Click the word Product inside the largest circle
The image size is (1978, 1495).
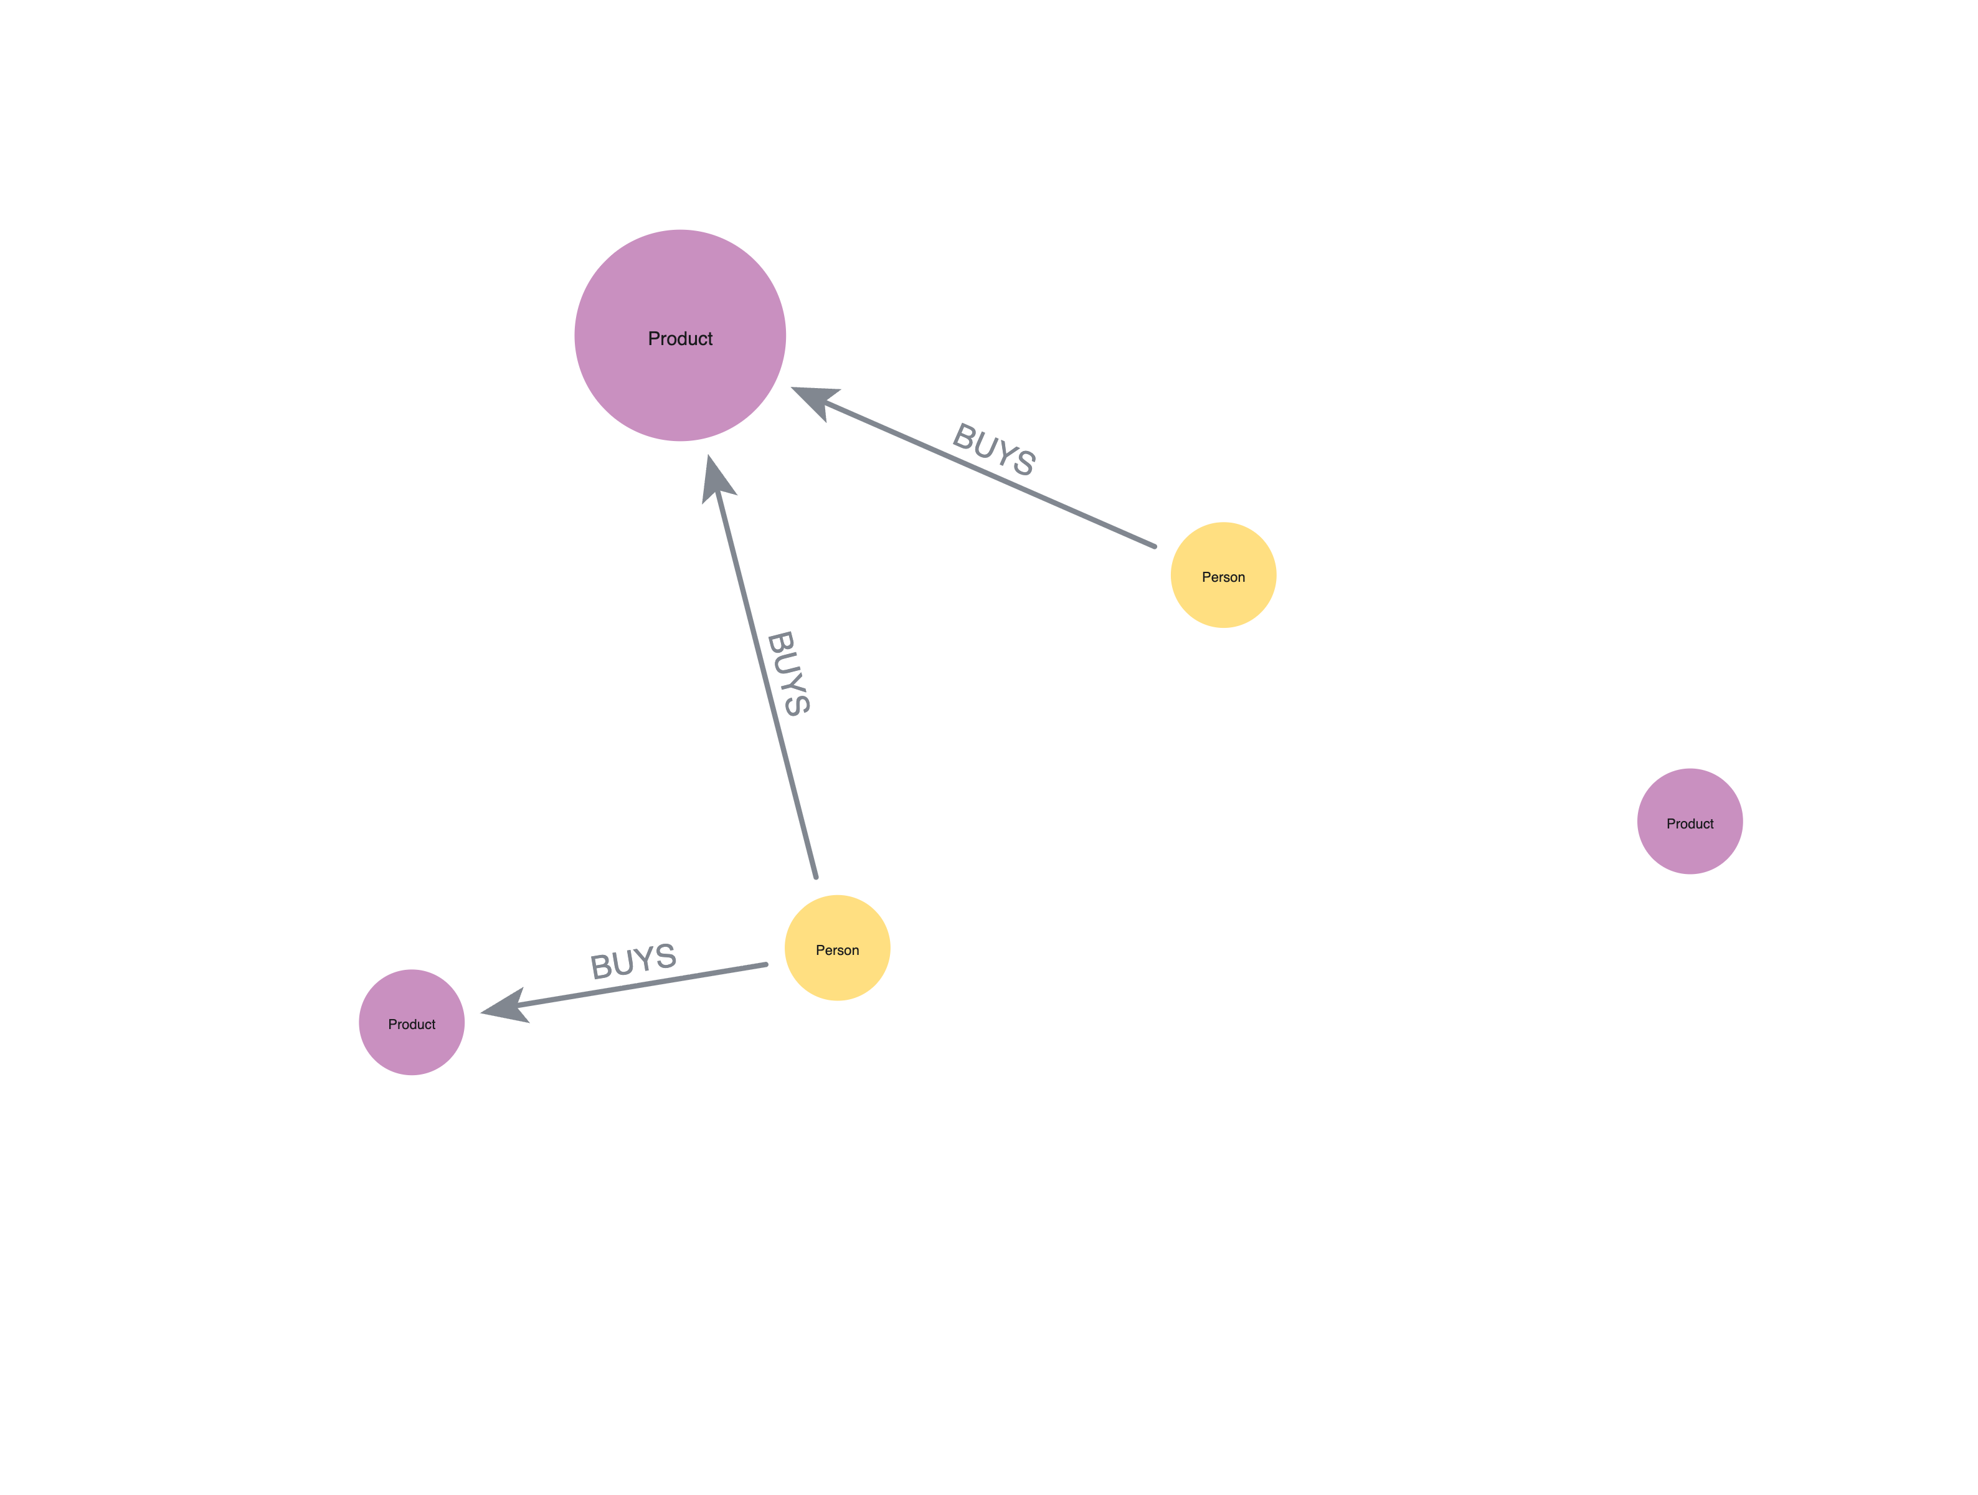[679, 339]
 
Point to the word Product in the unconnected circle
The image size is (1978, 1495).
[1689, 823]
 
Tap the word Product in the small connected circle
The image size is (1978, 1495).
[411, 1024]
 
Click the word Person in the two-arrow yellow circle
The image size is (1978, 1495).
[837, 949]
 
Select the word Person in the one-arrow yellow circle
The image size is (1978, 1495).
[1223, 577]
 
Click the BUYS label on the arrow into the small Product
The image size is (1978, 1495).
[633, 961]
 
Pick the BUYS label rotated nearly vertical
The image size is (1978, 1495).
[788, 673]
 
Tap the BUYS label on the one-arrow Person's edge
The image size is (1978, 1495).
[993, 449]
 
